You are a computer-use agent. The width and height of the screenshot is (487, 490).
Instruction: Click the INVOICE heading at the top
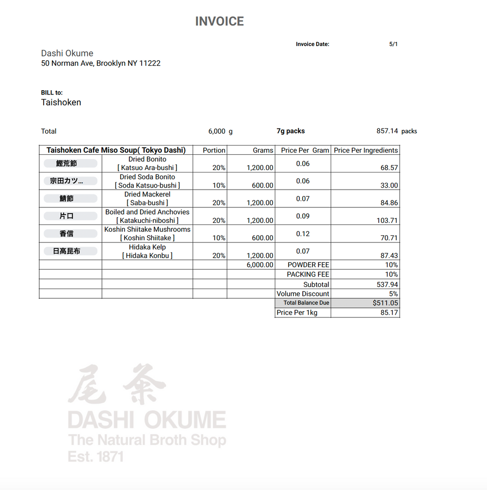pos(219,22)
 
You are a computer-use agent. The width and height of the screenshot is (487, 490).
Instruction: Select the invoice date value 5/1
pos(393,44)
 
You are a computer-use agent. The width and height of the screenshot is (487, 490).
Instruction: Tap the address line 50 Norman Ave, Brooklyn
pos(101,63)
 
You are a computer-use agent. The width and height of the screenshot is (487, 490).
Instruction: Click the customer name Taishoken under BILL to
pos(61,102)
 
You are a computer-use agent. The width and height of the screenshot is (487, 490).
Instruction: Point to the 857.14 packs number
pos(387,131)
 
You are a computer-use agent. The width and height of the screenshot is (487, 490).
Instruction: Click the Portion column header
pos(214,150)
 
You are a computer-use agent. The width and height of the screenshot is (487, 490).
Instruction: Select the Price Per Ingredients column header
pos(366,150)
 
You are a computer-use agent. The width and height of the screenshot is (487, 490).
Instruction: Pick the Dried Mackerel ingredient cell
pos(147,198)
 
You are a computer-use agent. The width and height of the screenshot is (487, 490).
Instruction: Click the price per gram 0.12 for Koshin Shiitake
pos(303,234)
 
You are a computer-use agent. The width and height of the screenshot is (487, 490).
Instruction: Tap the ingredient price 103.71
pos(387,220)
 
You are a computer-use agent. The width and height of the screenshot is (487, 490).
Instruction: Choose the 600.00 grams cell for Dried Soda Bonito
pos(263,185)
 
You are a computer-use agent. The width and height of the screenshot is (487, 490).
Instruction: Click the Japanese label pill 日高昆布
pos(67,251)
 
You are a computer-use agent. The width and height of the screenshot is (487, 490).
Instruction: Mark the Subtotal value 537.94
pos(387,284)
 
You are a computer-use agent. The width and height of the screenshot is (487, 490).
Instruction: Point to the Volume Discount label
pos(303,294)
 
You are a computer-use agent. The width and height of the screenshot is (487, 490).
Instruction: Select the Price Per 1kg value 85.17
pos(389,313)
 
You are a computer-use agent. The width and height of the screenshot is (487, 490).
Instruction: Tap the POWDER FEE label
pos(308,265)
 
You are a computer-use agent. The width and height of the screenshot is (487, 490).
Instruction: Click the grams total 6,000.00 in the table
pos(260,265)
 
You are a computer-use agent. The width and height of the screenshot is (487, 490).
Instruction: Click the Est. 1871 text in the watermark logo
pos(96,457)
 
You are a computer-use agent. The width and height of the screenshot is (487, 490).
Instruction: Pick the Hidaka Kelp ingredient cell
pos(147,251)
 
